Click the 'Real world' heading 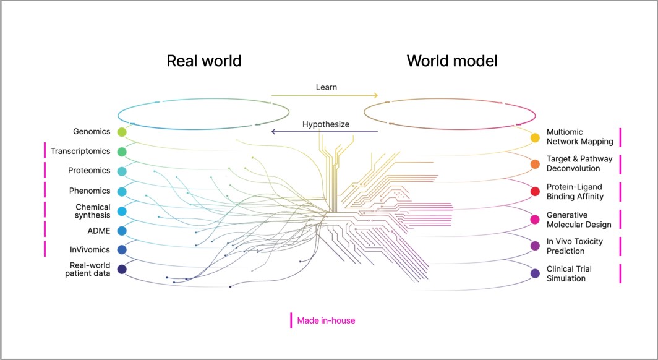click(204, 61)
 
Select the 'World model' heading click(452, 61)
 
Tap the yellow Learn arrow click(324, 95)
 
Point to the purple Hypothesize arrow click(324, 132)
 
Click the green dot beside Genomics click(122, 132)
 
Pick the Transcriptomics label click(80, 151)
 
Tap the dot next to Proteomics click(122, 171)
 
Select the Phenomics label click(89, 191)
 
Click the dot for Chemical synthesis click(122, 212)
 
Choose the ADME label click(98, 230)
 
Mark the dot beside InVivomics click(122, 250)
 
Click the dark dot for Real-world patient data click(122, 269)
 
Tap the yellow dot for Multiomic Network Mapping click(536, 137)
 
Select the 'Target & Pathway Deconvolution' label click(579, 164)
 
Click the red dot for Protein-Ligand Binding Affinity click(536, 191)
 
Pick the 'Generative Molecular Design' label click(579, 220)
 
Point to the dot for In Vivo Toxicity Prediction click(536, 246)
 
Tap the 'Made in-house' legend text click(326, 320)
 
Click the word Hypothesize click(326, 124)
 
